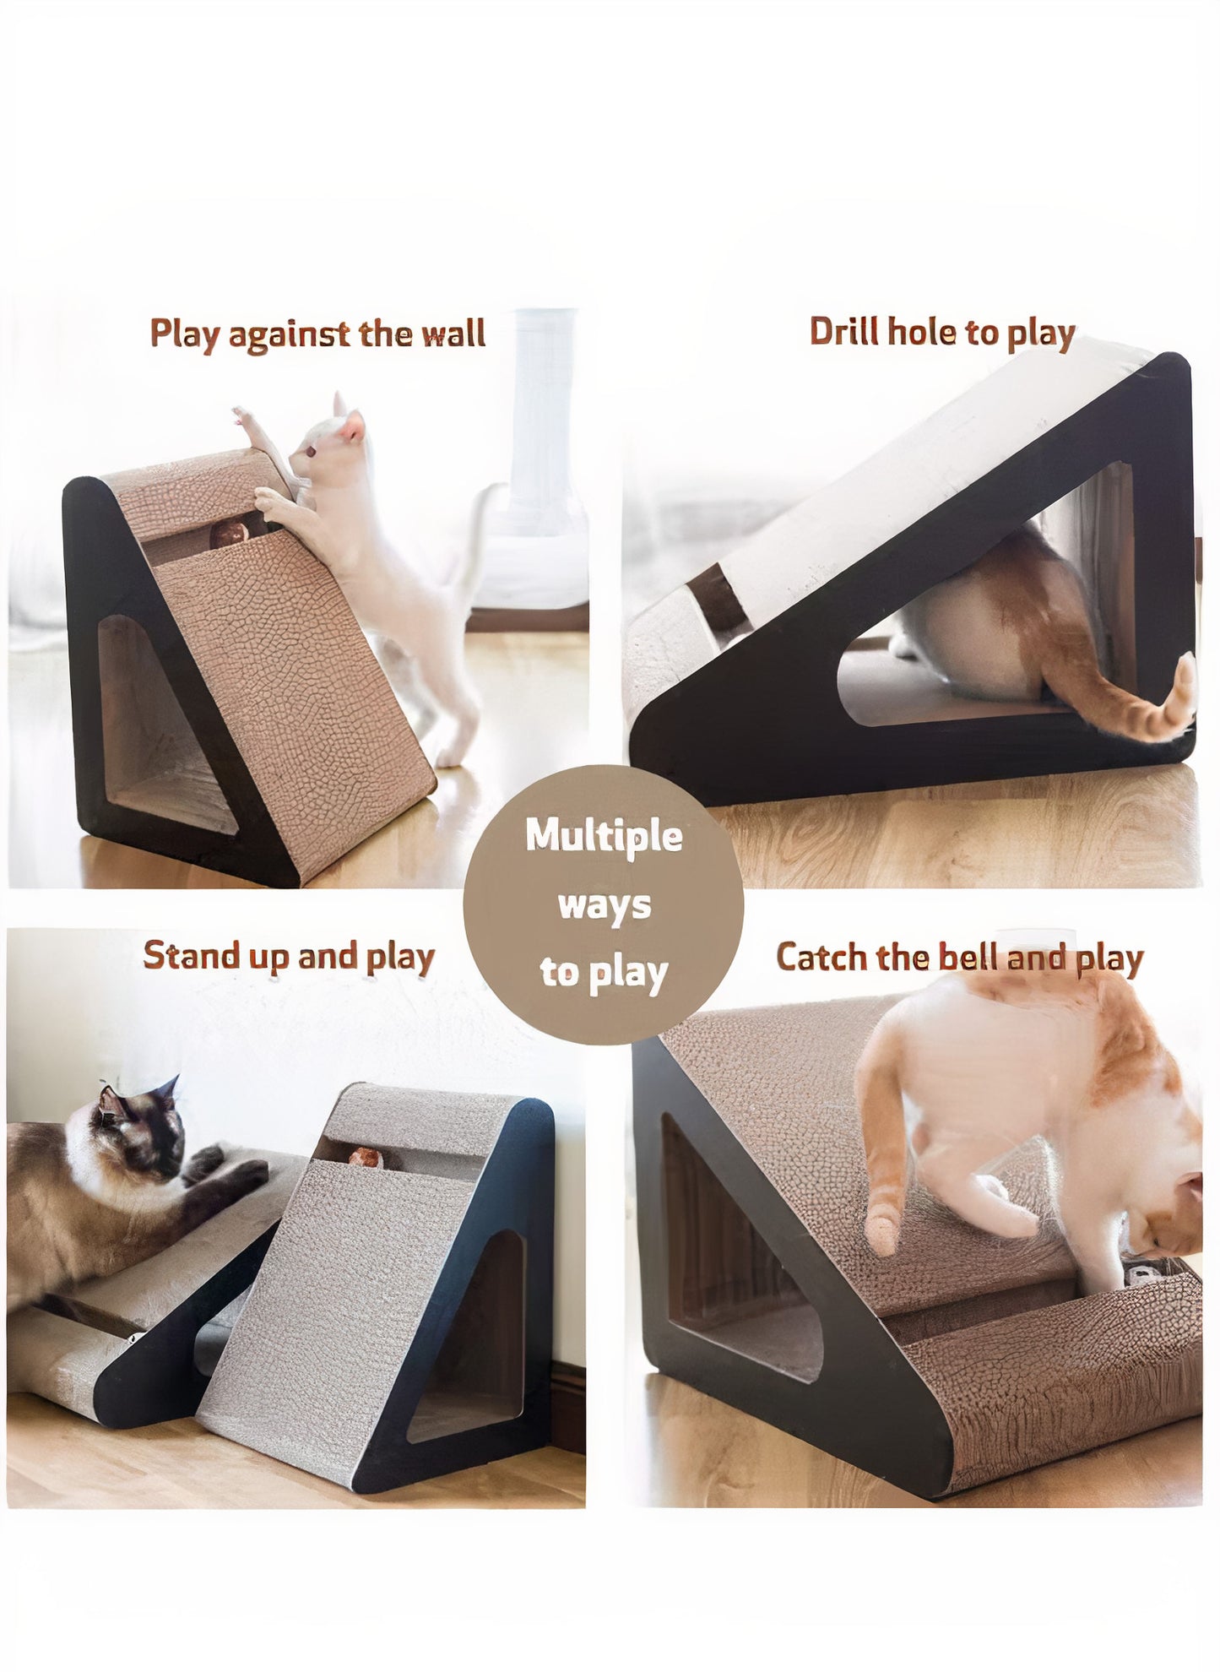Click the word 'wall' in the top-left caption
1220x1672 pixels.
click(x=453, y=334)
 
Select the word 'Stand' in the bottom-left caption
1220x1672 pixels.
click(x=179, y=956)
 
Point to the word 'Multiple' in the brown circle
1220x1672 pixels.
click(x=604, y=836)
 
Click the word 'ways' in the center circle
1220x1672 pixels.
click(x=604, y=905)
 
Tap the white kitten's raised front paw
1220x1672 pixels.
click(x=243, y=415)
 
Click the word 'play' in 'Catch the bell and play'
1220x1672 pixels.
click(x=1109, y=959)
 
